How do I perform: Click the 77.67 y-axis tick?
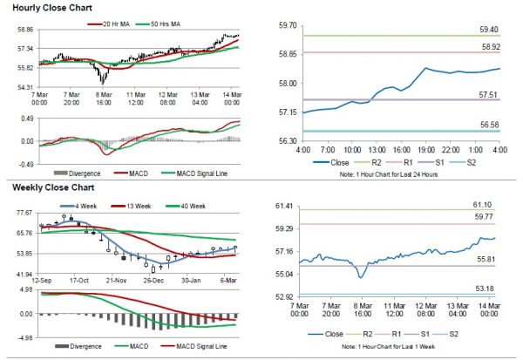click(24, 213)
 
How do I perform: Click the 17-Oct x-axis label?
click(79, 282)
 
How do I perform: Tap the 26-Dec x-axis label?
click(154, 282)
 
